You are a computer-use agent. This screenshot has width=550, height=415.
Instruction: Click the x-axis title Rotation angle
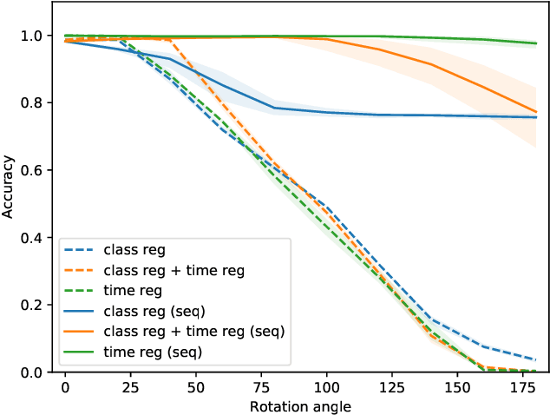(300, 405)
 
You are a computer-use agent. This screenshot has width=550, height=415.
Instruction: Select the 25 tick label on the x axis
(130, 386)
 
